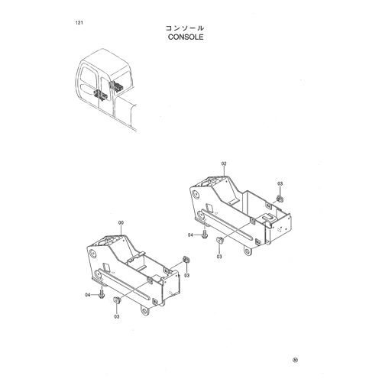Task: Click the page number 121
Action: [x=79, y=23]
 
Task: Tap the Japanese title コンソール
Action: [x=185, y=28]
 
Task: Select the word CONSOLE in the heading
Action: [x=186, y=37]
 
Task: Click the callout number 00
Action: [x=121, y=223]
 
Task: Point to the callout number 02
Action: [x=224, y=163]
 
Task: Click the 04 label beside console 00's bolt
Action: [x=88, y=295]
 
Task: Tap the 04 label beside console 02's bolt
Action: [x=190, y=235]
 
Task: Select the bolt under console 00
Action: [x=102, y=294]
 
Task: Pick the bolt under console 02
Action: [x=205, y=235]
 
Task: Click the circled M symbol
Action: [x=295, y=360]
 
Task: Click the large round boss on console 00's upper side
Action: [x=92, y=254]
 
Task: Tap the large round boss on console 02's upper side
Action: [x=196, y=195]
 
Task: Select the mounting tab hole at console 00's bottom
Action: [x=144, y=311]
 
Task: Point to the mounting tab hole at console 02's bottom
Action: [x=248, y=251]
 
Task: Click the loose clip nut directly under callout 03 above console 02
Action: [x=280, y=199]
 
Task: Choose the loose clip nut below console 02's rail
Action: [x=219, y=240]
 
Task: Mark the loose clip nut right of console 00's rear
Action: [x=186, y=260]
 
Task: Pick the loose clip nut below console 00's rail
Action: [x=117, y=299]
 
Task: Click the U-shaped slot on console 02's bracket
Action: [x=267, y=217]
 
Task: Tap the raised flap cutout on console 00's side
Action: [x=106, y=267]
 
